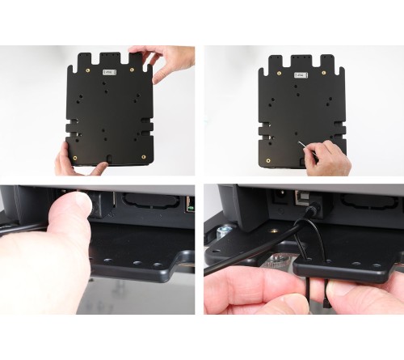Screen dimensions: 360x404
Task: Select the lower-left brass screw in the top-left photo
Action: tap(74, 155)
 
